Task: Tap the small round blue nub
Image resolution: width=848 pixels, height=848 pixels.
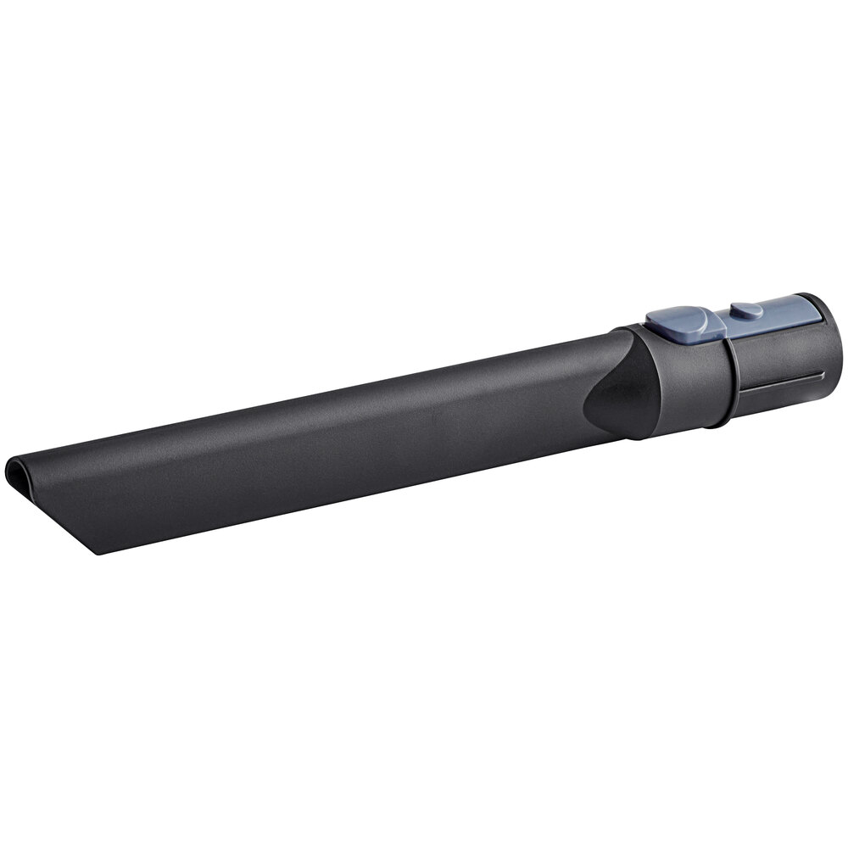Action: tap(746, 311)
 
